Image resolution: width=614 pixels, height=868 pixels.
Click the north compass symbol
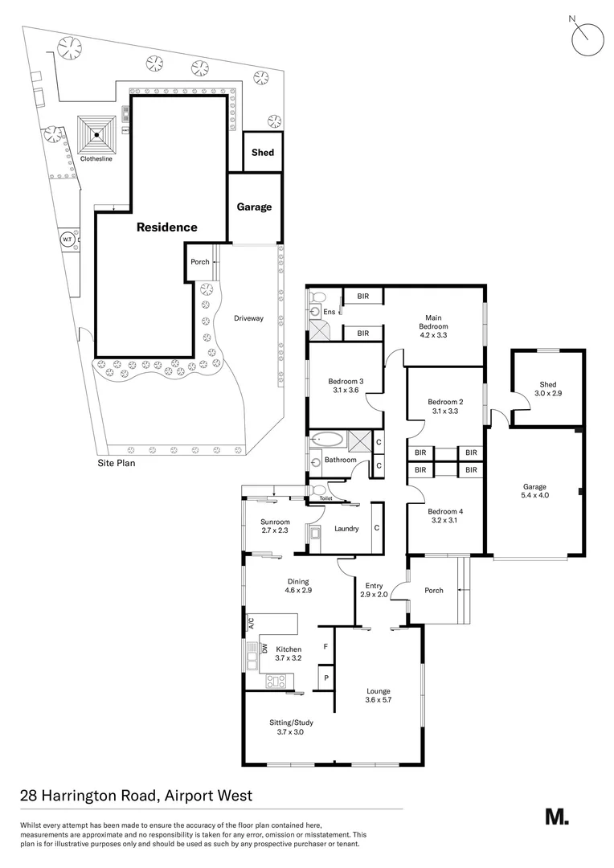[586, 35]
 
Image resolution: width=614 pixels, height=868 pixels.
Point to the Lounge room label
[378, 690]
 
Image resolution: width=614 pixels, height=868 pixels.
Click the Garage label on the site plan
[254, 207]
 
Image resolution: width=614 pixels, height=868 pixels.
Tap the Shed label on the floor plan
[548, 384]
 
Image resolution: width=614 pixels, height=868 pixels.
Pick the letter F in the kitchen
[325, 646]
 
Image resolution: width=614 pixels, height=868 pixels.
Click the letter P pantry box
[326, 678]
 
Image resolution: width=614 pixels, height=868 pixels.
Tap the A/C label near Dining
[250, 623]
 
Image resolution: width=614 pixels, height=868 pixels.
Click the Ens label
[330, 311]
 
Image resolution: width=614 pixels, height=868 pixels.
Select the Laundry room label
[346, 528]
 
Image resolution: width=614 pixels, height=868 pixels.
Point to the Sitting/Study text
[290, 723]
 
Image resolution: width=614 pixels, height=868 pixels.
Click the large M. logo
[556, 817]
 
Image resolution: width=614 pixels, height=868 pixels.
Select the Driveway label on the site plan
[248, 318]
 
